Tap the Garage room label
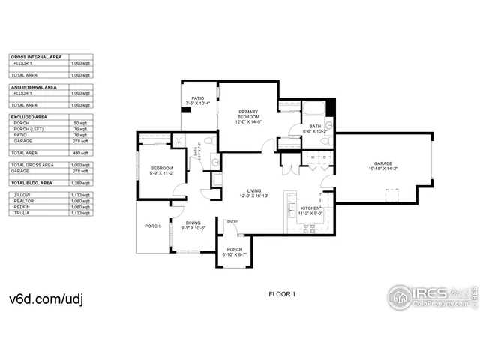pos(384,163)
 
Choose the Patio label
pos(198,98)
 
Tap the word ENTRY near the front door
pos(232,221)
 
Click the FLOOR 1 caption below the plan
pos(283,293)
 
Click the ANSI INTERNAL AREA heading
pos(34,87)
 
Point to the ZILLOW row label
pos(22,195)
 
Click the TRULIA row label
pos(22,213)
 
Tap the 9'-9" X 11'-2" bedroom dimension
pos(161,173)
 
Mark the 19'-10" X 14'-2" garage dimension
pos(384,169)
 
